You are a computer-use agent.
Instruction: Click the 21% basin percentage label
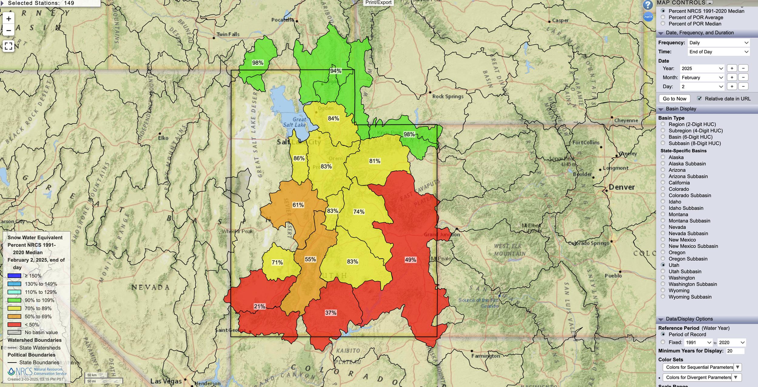pyautogui.click(x=259, y=306)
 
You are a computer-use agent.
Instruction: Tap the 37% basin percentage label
pyautogui.click(x=330, y=313)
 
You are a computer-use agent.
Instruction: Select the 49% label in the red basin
pyautogui.click(x=410, y=260)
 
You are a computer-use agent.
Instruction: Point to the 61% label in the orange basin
pyautogui.click(x=298, y=205)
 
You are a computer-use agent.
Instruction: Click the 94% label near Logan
pyautogui.click(x=336, y=71)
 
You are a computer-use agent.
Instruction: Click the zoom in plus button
pyautogui.click(x=8, y=19)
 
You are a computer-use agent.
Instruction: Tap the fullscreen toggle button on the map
pyautogui.click(x=8, y=46)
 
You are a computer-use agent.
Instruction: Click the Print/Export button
pyautogui.click(x=378, y=3)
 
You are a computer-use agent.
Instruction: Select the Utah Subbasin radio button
pyautogui.click(x=663, y=271)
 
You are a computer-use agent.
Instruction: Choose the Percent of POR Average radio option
pyautogui.click(x=663, y=17)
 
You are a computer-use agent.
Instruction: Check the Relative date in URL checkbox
pyautogui.click(x=699, y=98)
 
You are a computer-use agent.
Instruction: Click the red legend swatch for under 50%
pyautogui.click(x=14, y=325)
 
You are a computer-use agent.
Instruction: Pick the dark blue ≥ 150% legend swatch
pyautogui.click(x=14, y=276)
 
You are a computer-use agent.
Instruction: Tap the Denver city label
pyautogui.click(x=622, y=187)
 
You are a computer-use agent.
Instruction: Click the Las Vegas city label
pyautogui.click(x=166, y=381)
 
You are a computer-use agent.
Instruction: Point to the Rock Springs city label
pyautogui.click(x=448, y=96)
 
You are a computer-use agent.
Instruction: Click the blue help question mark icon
pyautogui.click(x=648, y=5)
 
